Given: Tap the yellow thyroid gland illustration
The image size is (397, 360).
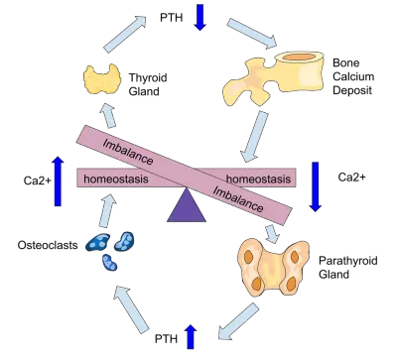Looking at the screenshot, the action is coord(102,79).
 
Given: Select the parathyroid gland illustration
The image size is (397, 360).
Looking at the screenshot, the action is coord(274,268).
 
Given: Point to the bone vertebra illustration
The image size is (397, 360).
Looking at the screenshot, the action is coord(274,76).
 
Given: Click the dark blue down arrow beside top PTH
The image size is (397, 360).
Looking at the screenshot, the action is coord(199,17).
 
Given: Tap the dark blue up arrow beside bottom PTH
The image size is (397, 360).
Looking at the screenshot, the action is coord(191,336).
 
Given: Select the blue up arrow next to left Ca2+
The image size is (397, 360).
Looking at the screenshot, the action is coord(58,181).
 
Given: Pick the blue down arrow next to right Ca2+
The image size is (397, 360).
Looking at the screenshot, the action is coord(315,186).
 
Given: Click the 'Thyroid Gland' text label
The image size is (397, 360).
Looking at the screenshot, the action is coord(148,84).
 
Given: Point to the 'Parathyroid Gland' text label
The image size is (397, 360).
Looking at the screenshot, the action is coord(348,267).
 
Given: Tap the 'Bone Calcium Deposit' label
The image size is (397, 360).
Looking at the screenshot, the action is coord(353,76).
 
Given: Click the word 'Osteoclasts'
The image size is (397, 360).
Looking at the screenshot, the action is coord(48,245).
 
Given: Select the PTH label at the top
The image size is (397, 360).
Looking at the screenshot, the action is coord(172,17).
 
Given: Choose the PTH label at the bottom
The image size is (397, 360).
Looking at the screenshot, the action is coord(167,339).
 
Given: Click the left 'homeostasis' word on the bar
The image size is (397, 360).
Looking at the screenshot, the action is coord(116,179).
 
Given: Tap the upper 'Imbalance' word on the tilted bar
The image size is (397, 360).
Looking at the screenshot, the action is coord(128,152).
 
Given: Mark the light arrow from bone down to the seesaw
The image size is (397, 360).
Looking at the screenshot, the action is coord(255,137).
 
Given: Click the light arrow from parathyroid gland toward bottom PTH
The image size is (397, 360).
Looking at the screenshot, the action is coord(237,322).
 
